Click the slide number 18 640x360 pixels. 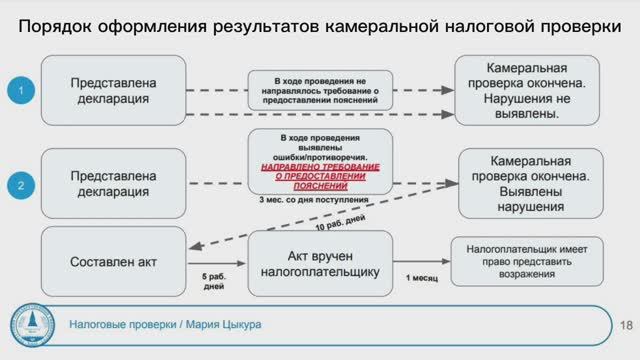627,326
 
